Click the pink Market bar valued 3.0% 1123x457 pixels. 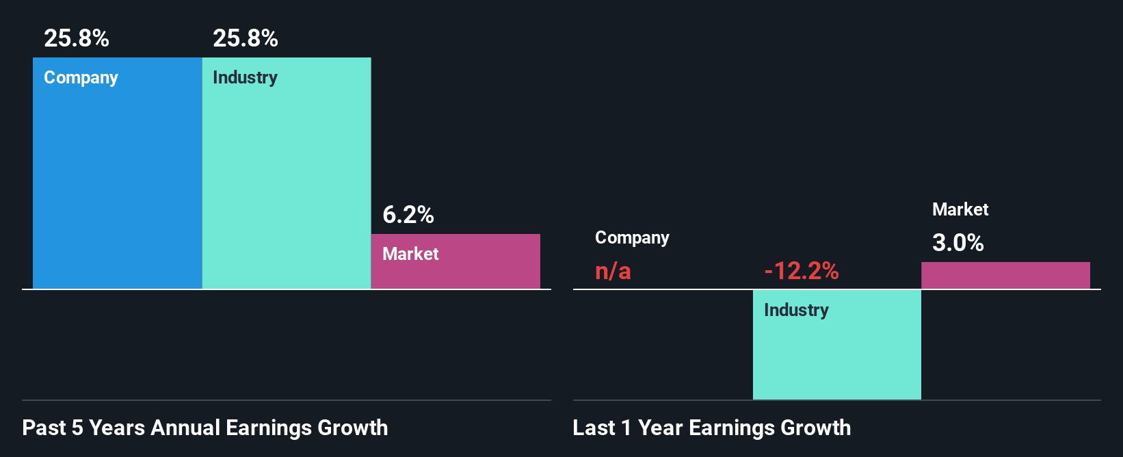pos(1005,276)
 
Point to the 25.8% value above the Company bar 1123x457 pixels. pos(77,38)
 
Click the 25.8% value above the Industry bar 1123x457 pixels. pos(246,38)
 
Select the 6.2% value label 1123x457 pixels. pos(408,215)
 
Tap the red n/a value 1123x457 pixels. pos(613,271)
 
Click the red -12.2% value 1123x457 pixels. pos(802,271)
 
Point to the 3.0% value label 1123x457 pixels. pos(958,243)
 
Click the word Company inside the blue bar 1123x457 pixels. pos(81,78)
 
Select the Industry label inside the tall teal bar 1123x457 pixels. pos(246,77)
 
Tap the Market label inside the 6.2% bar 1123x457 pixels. pos(410,254)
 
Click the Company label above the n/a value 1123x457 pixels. pos(632,238)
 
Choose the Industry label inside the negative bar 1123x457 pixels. pos(796,310)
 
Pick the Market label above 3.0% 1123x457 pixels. pos(960,209)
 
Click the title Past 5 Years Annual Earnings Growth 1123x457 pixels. pos(205,428)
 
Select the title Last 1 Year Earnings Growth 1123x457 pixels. pos(712,428)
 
